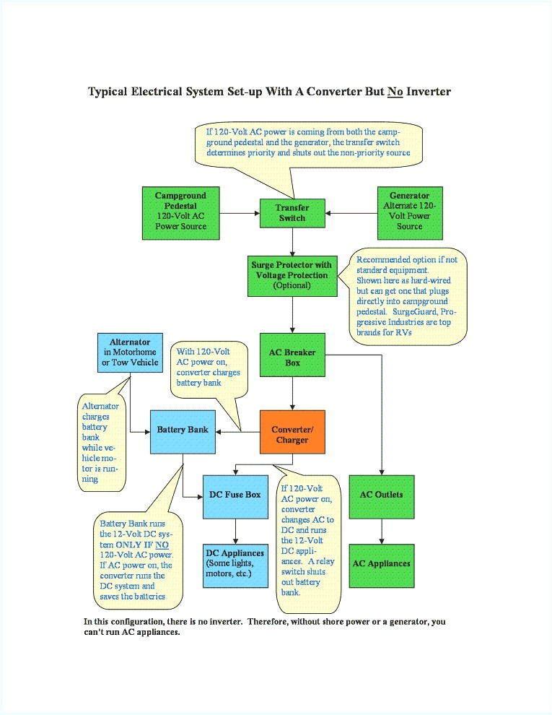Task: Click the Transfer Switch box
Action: (x=292, y=213)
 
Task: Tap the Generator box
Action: (x=409, y=212)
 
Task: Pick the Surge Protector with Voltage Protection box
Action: (x=292, y=275)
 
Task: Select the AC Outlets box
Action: (x=381, y=496)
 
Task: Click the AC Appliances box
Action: (x=381, y=563)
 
